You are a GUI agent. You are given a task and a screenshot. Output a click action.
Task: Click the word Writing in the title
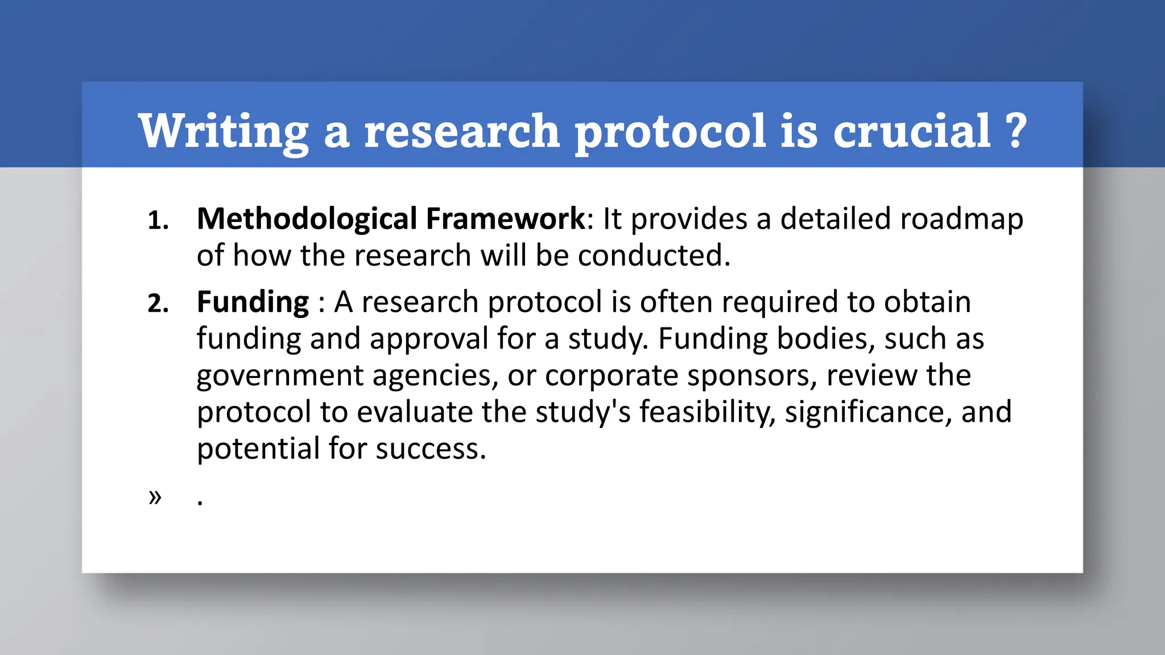[223, 131]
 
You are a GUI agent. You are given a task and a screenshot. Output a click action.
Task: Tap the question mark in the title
[1016, 131]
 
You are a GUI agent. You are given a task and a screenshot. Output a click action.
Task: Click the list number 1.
[158, 221]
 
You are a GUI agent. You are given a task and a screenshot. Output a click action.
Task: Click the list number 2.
[158, 304]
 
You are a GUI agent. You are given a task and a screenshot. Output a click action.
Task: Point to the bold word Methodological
[307, 219]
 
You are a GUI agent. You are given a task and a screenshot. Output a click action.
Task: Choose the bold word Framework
[505, 219]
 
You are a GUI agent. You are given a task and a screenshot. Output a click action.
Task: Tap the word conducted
[654, 256]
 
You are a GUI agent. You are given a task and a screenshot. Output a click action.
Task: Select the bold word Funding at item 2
[253, 302]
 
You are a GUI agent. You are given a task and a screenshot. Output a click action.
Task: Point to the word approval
[428, 339]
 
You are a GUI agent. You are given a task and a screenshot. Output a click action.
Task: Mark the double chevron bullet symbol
[155, 497]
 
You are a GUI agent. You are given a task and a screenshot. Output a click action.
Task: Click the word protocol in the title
[670, 131]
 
